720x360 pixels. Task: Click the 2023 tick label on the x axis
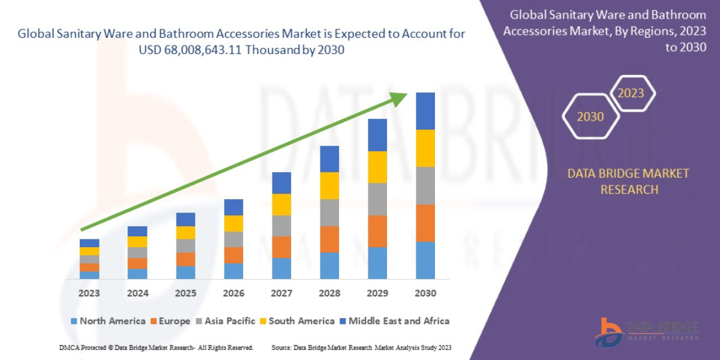click(89, 293)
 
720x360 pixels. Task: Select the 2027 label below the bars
click(281, 293)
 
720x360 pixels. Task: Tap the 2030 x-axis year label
click(425, 293)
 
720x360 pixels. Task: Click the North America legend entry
click(108, 321)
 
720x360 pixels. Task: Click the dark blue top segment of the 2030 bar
click(425, 111)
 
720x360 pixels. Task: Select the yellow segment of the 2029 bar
click(377, 167)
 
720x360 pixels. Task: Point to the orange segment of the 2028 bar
click(329, 239)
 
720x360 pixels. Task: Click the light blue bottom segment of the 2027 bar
click(281, 268)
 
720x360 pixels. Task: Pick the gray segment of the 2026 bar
click(233, 239)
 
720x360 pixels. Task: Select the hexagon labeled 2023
click(631, 93)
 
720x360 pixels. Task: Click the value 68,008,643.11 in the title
click(215, 50)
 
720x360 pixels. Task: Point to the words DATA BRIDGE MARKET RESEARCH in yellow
click(628, 181)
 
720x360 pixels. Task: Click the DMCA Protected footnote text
click(156, 347)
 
